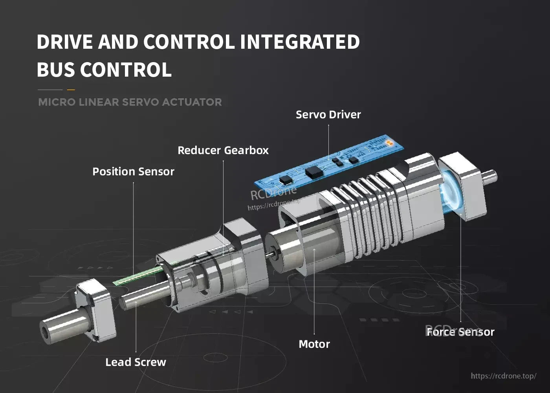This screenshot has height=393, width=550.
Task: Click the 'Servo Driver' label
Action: coord(328,115)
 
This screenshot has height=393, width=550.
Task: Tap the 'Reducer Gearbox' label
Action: coord(223,151)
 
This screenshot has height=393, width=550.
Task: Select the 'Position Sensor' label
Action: coord(133,172)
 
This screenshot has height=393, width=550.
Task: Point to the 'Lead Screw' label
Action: coord(136,362)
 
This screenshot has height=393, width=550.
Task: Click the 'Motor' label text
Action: coord(314,344)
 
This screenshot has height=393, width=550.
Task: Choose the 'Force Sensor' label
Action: coord(460,332)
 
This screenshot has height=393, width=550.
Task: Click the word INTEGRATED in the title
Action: coord(299,42)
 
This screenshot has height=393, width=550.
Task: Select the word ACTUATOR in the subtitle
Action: coord(192,102)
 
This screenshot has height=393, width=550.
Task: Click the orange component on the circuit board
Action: coord(389,143)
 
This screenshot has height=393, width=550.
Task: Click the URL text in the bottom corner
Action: coord(503,376)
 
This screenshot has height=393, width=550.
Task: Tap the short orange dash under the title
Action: coord(71,90)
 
